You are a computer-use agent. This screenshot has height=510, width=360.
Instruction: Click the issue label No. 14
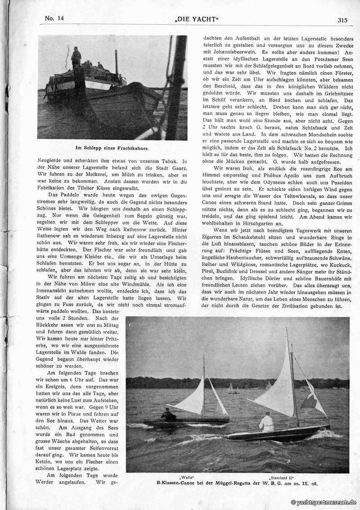coord(55,18)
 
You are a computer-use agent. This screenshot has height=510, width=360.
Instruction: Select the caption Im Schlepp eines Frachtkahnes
coord(112,147)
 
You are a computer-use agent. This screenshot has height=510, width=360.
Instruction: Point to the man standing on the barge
coord(76,57)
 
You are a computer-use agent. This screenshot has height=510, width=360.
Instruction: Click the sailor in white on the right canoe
coord(267,422)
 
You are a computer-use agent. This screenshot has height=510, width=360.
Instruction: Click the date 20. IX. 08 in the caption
coord(306,483)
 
